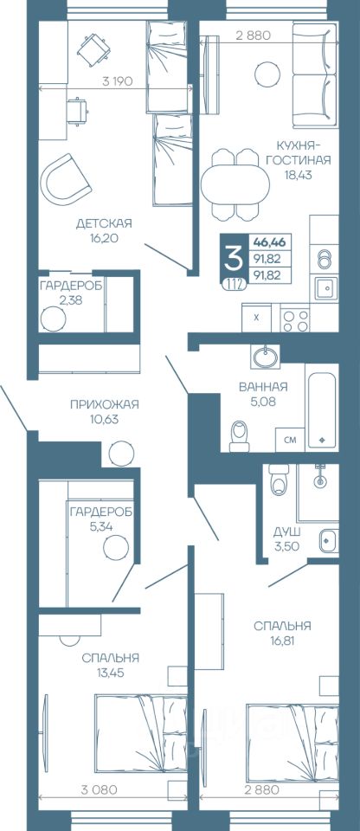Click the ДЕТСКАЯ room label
click(103, 223)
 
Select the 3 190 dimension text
click(117, 81)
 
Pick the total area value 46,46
click(269, 242)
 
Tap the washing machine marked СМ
click(290, 440)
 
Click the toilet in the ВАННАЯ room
click(241, 435)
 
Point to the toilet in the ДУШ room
click(279, 479)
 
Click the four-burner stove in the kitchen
click(295, 319)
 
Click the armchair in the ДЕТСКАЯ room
click(66, 180)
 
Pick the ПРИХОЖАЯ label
click(105, 404)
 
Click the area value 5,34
click(102, 526)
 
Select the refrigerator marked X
click(257, 318)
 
